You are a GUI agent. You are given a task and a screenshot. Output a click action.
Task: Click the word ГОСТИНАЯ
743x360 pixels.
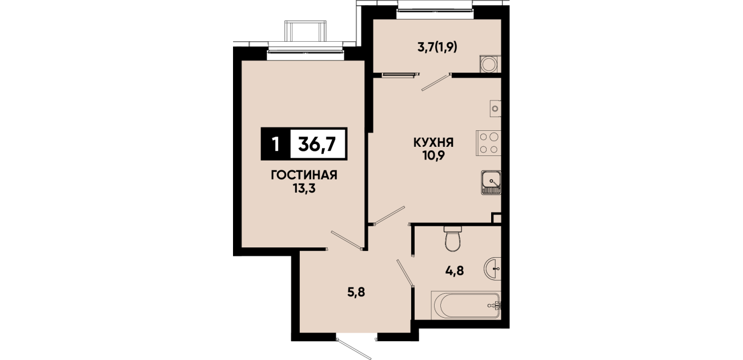pos(304,175)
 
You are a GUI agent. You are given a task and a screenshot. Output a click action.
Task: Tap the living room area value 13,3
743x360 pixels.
pos(304,189)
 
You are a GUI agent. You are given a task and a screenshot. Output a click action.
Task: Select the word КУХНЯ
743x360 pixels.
pos(433,143)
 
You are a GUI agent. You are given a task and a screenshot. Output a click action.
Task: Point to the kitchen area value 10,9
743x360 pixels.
pos(433,155)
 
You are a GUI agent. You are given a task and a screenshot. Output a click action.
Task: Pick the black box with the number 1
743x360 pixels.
pos(275,144)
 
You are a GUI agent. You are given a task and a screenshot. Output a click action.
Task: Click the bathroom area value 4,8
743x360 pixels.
pos(455,271)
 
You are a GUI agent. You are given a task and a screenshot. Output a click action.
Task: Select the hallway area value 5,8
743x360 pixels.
pos(356,293)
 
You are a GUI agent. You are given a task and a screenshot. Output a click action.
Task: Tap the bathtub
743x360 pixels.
pos(466,305)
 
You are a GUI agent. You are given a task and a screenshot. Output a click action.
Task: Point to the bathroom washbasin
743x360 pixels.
pos(493,268)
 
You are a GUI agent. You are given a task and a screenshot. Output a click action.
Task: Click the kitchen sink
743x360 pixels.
pos(491,182)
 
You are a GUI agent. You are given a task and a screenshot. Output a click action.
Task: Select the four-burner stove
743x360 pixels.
pos(488,143)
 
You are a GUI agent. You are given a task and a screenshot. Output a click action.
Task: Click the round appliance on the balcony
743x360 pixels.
pos(490,64)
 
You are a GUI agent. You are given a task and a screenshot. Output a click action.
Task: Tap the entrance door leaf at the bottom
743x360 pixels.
pos(354,349)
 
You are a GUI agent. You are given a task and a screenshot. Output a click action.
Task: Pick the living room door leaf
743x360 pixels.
pos(346,239)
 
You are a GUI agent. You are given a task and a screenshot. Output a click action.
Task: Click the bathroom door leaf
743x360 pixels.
pos(405,273)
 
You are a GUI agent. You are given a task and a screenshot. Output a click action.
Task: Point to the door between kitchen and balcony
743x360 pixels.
pos(435,83)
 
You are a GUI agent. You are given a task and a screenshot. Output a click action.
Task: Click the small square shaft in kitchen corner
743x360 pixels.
pos(496,218)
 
